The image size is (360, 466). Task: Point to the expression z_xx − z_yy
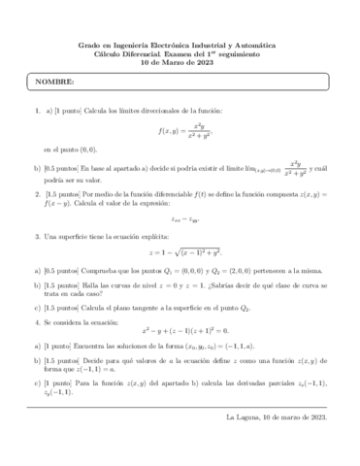180,220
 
